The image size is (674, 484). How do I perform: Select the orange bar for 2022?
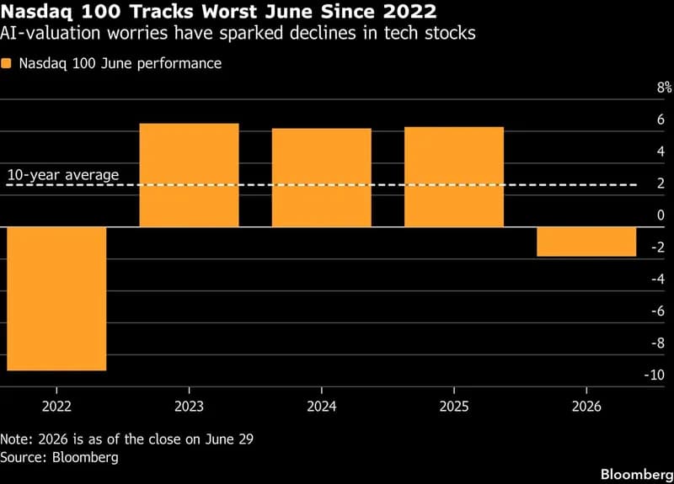click(56, 299)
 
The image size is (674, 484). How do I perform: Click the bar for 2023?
click(189, 175)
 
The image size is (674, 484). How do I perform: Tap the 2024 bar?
click(322, 178)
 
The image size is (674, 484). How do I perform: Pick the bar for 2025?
click(454, 177)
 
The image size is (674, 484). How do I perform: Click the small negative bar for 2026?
click(586, 242)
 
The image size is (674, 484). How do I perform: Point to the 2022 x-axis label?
click(56, 407)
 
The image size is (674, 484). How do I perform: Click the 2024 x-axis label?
click(322, 407)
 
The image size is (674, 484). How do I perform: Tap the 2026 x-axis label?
click(586, 407)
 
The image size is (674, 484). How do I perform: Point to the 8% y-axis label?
click(665, 88)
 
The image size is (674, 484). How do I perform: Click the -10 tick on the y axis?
click(655, 375)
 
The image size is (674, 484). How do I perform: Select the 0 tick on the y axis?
click(661, 215)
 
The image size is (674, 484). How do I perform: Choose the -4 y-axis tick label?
click(658, 279)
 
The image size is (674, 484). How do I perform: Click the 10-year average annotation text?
click(63, 175)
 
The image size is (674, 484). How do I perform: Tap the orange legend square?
click(6, 64)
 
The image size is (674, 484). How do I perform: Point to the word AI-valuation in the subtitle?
click(50, 33)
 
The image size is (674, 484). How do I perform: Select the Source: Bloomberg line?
click(59, 457)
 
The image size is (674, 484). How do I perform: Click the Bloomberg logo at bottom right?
click(637, 474)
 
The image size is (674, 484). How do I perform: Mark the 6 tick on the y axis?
click(661, 120)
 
